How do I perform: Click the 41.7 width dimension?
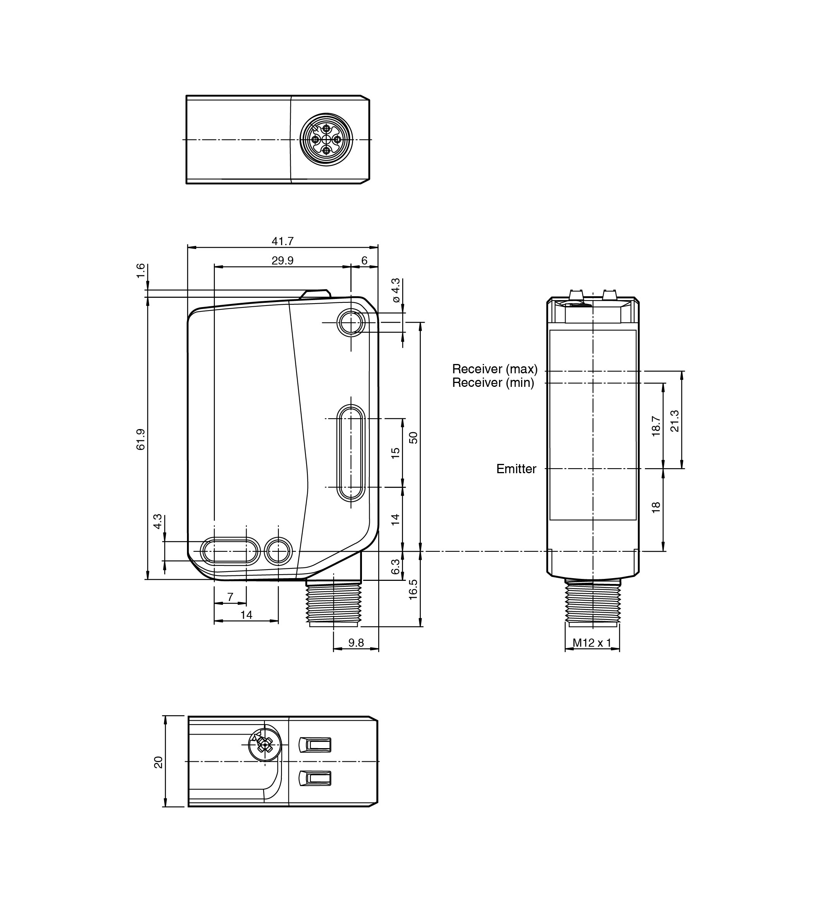pos(283,242)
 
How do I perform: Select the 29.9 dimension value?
pos(283,261)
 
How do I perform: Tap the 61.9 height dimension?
pos(141,439)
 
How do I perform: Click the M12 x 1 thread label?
pos(592,642)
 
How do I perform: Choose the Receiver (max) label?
pos(495,369)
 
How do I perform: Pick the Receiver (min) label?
pos(493,383)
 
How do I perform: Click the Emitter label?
pos(516,469)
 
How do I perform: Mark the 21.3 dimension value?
pos(675,421)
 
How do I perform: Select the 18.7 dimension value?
pos(656,426)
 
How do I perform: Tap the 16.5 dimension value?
pos(413,589)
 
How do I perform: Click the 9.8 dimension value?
pos(356,642)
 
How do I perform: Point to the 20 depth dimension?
pos(158,762)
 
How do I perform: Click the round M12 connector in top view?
pos(326,139)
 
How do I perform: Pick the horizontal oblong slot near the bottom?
pos(230,551)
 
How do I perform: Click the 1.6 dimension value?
pos(141,270)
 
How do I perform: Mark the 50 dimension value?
pos(413,438)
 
